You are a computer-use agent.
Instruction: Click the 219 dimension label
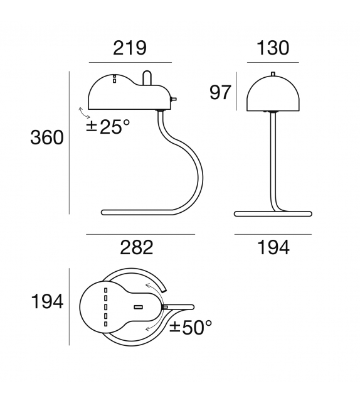(x=130, y=48)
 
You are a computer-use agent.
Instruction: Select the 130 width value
(x=273, y=48)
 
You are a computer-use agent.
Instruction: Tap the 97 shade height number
(x=220, y=93)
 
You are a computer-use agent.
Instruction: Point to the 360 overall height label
(x=47, y=137)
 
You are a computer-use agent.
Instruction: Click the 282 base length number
(x=136, y=247)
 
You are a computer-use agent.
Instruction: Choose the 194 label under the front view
(x=273, y=247)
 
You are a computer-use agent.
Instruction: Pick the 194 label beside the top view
(x=47, y=302)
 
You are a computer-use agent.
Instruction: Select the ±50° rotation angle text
(x=191, y=327)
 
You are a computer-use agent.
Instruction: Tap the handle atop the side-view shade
(x=147, y=77)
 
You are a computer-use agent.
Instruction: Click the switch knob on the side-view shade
(x=174, y=99)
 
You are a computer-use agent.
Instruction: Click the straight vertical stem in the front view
(x=273, y=163)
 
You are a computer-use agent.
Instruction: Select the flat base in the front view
(x=273, y=214)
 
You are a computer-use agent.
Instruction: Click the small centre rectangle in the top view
(x=138, y=307)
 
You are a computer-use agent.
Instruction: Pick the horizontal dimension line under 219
(x=130, y=63)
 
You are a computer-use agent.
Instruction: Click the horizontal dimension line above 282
(x=140, y=234)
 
